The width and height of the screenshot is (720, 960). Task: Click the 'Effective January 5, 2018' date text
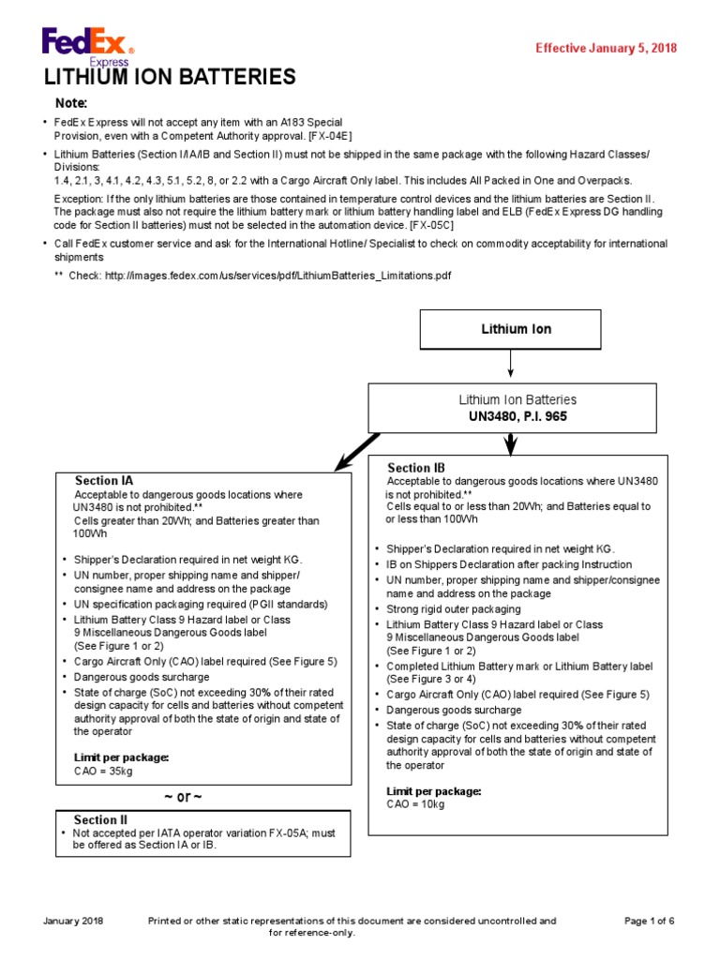tap(606, 49)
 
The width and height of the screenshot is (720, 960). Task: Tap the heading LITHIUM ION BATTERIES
tap(170, 77)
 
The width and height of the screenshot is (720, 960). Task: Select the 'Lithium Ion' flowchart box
tap(510, 329)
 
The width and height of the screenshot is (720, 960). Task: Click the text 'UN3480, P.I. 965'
tap(510, 415)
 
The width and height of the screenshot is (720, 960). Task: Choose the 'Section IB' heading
tap(416, 468)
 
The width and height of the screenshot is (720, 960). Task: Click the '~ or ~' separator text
tap(183, 797)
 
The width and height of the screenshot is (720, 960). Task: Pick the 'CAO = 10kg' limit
tap(416, 803)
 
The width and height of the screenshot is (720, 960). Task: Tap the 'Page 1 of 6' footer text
tap(650, 922)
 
